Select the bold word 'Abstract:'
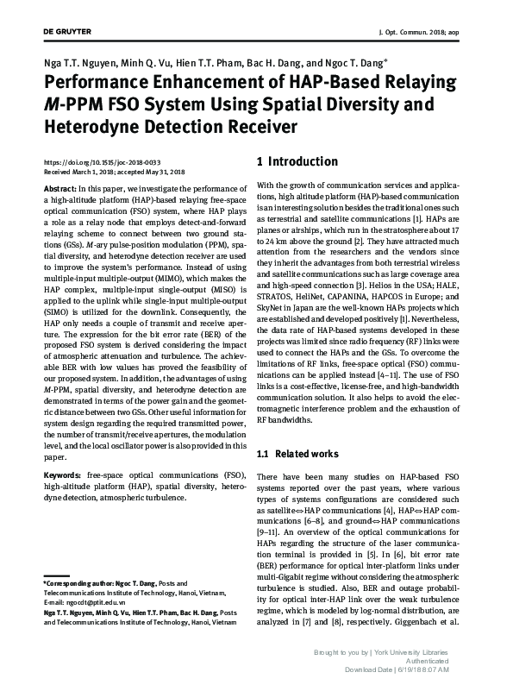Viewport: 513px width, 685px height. (x=59, y=188)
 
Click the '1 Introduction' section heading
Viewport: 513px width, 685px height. (x=297, y=161)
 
